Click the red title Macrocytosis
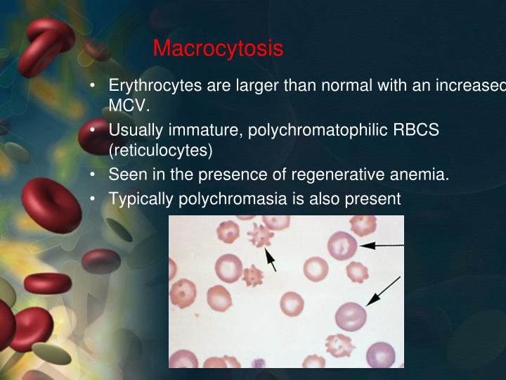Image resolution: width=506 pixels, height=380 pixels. point(218,49)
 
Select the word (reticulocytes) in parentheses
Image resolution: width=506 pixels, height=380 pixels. point(160,150)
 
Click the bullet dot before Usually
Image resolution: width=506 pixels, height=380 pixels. point(93,130)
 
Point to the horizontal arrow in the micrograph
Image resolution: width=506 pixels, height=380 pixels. point(382,245)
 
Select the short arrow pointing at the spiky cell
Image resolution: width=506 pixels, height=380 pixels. point(270,260)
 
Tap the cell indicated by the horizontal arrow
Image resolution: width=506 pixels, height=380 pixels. point(342,246)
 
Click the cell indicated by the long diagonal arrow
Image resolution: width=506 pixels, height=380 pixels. point(351,316)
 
